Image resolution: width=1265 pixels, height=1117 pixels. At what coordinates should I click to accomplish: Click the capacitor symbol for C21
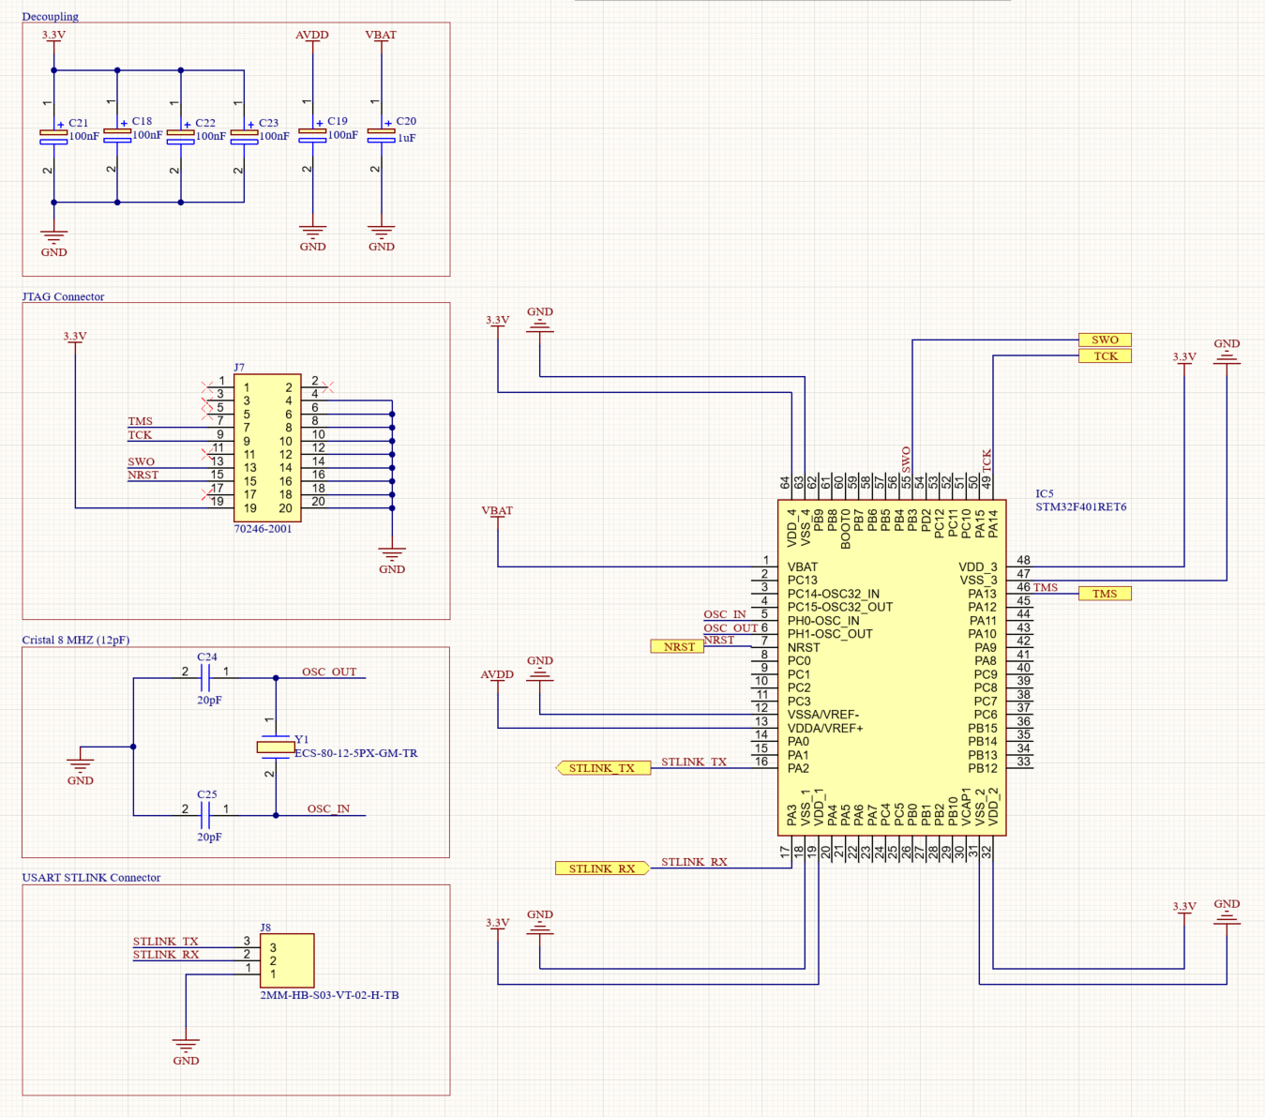click(x=53, y=137)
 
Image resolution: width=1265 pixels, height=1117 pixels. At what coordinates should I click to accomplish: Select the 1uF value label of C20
click(x=406, y=138)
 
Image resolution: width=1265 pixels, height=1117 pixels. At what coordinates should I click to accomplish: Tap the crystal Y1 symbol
click(x=276, y=747)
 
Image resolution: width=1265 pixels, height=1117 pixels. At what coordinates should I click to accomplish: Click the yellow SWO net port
click(x=1105, y=340)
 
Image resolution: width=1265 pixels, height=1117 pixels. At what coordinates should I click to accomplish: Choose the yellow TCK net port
click(x=1105, y=356)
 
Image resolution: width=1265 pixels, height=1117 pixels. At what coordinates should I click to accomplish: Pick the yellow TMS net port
click(x=1105, y=594)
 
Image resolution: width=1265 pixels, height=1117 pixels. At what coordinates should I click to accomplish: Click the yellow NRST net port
click(x=677, y=646)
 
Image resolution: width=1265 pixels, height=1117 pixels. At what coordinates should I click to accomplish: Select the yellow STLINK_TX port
click(x=602, y=768)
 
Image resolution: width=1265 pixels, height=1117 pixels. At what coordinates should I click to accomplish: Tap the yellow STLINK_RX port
click(x=602, y=868)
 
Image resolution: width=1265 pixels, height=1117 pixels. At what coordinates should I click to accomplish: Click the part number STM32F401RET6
click(x=1080, y=507)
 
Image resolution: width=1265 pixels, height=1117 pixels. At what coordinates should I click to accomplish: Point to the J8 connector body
click(x=286, y=960)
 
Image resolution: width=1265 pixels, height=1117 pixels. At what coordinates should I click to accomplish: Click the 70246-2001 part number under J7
click(x=263, y=529)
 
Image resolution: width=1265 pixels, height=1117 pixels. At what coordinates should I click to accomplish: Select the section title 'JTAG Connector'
click(x=63, y=296)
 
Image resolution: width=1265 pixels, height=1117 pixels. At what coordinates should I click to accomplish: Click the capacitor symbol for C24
click(x=206, y=672)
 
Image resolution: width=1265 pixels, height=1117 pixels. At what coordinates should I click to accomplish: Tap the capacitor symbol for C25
click(x=206, y=809)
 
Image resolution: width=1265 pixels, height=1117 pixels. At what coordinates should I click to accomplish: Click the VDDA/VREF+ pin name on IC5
click(x=825, y=728)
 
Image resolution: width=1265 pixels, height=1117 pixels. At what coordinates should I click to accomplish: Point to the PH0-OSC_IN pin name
click(x=823, y=621)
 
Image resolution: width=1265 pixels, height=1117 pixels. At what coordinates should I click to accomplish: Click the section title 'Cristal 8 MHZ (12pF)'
click(x=75, y=640)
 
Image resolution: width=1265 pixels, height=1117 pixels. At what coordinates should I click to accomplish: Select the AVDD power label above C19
click(x=312, y=35)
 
